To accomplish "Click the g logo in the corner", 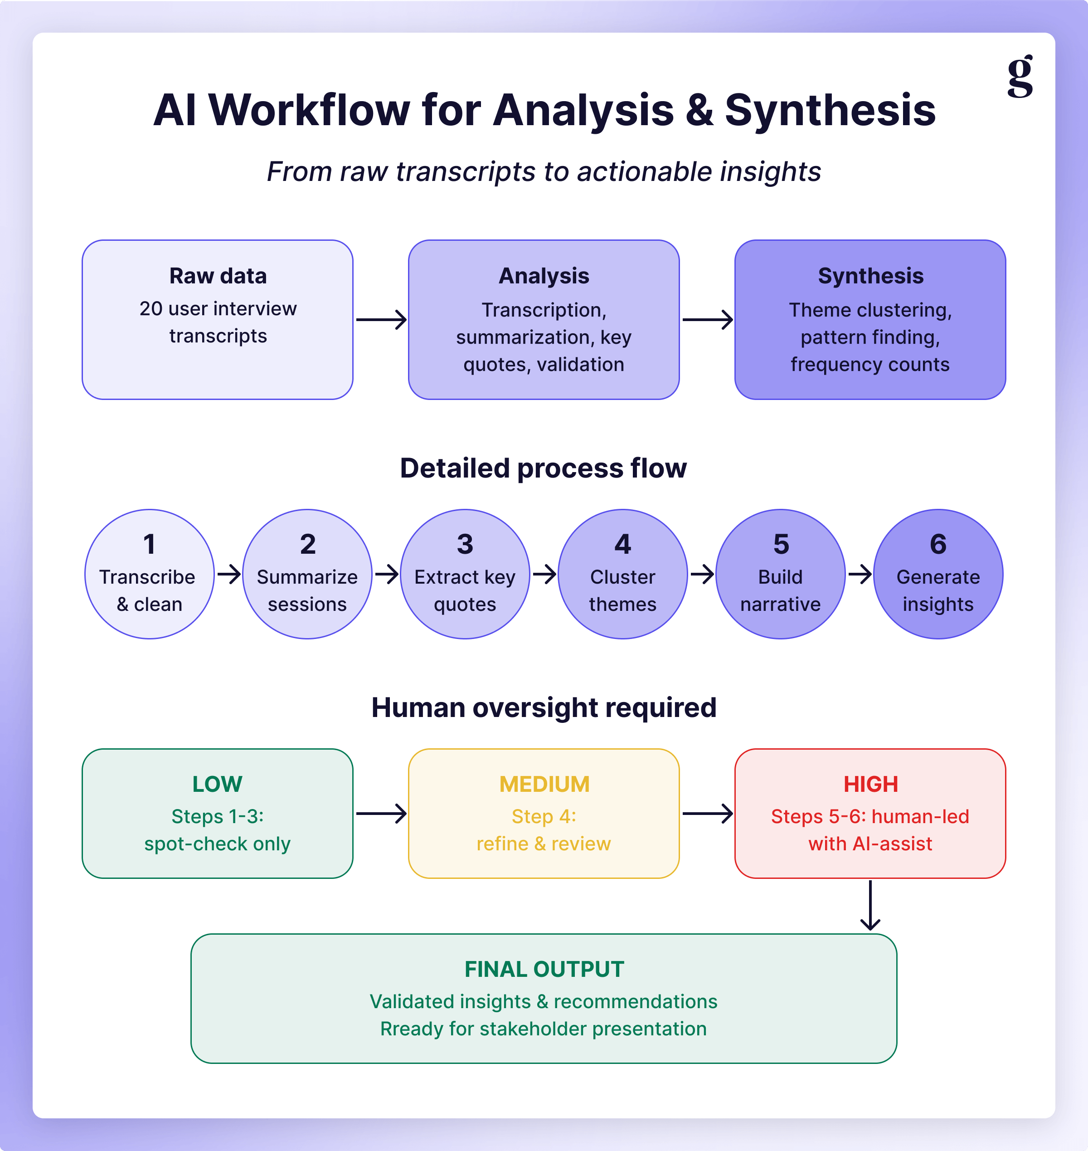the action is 1020,76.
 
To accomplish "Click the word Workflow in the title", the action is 309,110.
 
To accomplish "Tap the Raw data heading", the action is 218,276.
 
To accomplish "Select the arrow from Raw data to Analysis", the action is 381,320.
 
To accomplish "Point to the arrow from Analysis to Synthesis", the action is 708,320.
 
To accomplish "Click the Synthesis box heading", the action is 870,276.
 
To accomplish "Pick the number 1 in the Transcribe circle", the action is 149,544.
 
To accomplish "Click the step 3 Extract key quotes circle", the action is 465,574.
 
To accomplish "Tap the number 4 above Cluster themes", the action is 623,544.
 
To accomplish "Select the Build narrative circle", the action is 781,574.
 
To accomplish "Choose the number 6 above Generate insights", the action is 938,544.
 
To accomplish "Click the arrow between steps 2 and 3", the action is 387,574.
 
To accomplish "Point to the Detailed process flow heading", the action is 544,468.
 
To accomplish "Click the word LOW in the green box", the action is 218,785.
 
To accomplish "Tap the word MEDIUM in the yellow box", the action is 544,785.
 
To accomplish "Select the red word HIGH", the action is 870,785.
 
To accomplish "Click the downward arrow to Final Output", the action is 870,906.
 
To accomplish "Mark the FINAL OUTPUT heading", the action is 544,970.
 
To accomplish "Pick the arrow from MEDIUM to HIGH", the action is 708,813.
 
